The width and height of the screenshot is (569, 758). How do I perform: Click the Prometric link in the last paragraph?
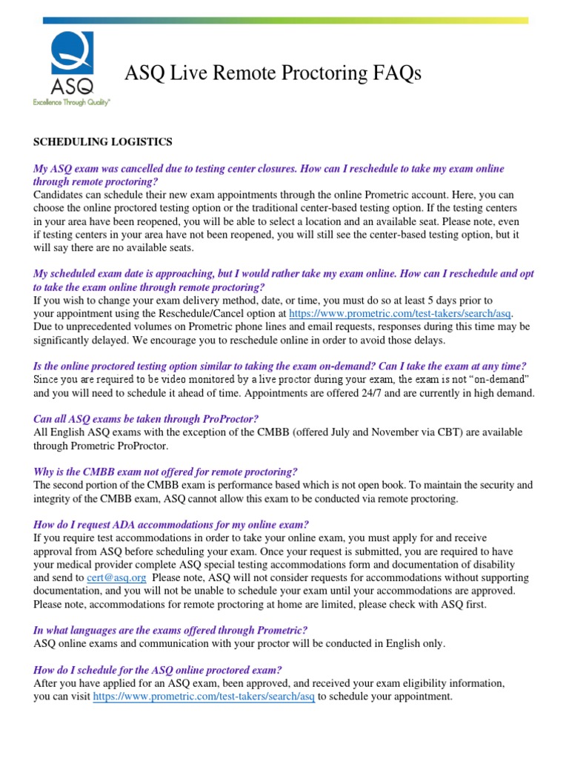(x=204, y=697)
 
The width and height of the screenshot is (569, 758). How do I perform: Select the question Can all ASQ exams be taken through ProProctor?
(x=146, y=419)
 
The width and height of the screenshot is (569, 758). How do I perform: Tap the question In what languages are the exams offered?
(x=171, y=631)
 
